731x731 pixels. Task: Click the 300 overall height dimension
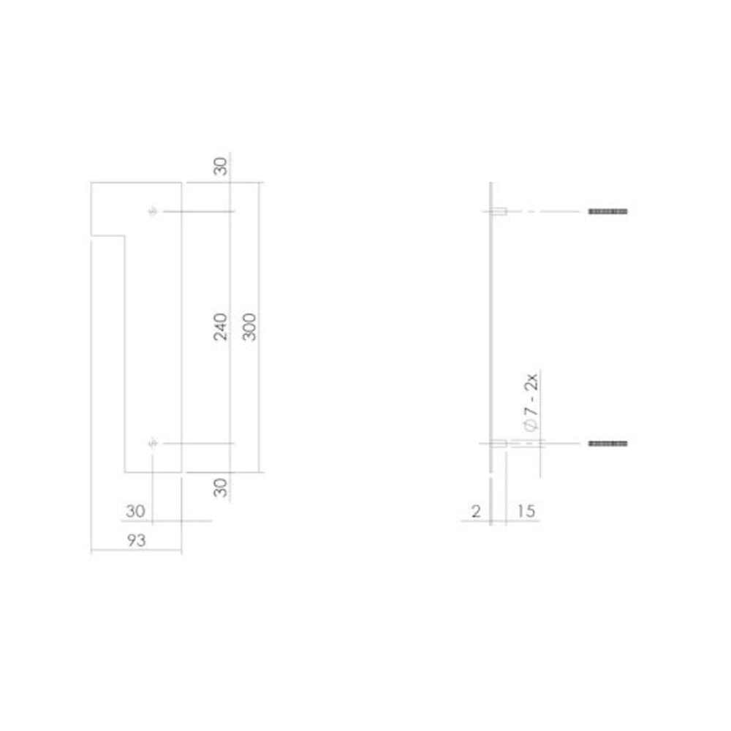coord(249,327)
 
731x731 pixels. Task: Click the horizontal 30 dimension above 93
coord(135,512)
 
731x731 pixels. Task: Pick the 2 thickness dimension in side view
coord(476,512)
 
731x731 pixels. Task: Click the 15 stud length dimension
coord(525,512)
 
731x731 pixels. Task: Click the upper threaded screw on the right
coord(608,211)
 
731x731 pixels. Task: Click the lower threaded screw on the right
coord(608,443)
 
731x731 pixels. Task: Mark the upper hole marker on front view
coord(153,211)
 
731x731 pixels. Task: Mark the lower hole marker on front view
coord(153,443)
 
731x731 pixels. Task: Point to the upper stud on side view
coord(500,211)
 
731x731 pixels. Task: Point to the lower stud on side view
coord(500,443)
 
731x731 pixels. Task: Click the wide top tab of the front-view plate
coord(135,208)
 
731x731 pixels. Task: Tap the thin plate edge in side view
coord(492,329)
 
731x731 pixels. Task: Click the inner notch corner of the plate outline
coord(125,235)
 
